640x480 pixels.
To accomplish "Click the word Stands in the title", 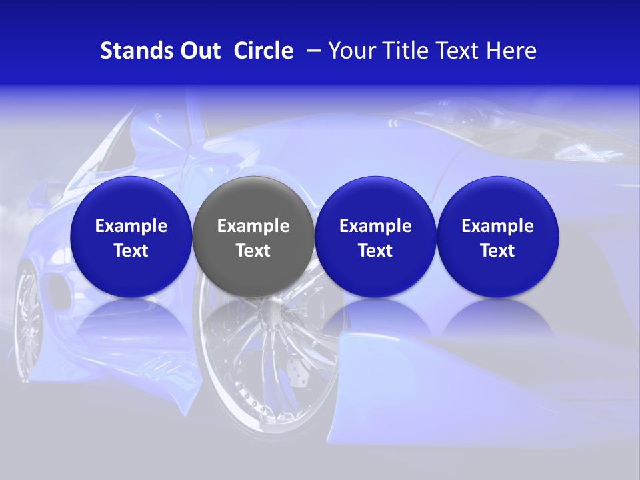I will pos(133,51).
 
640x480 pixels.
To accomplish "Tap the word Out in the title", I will pos(199,51).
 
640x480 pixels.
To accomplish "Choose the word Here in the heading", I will pos(511,51).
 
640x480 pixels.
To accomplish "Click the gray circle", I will pos(253,237).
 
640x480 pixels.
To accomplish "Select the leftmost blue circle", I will pos(131,237).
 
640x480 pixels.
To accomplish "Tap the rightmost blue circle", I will pos(497,237).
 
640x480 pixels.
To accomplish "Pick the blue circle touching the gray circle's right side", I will pos(375,237).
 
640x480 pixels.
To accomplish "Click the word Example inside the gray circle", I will pos(253,226).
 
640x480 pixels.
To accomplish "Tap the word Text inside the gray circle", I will pos(253,251).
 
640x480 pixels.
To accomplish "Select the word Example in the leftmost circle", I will pos(131,226).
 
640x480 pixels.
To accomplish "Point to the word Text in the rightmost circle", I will pos(497,251).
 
